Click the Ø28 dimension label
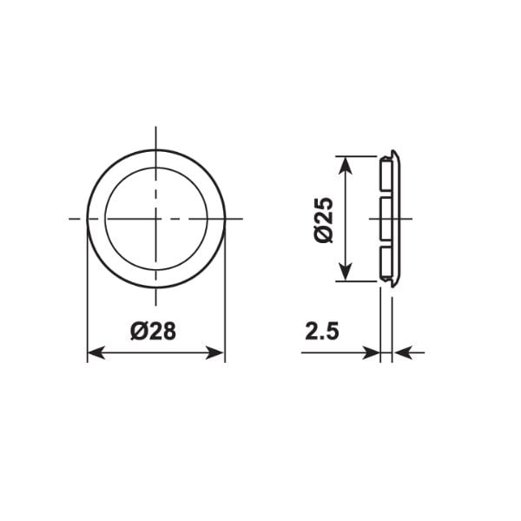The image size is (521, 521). tap(153, 332)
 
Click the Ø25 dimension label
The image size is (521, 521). tap(323, 220)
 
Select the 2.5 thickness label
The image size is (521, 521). tap(322, 332)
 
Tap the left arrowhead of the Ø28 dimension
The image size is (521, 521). tap(96, 353)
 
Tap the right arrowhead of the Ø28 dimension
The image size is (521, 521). tap(215, 353)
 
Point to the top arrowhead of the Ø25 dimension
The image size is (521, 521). tap(346, 166)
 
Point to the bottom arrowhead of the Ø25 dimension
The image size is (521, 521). tap(346, 272)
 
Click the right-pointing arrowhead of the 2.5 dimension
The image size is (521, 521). tap(371, 353)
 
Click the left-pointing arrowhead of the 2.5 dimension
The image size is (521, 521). tap(403, 353)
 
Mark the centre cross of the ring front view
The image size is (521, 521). tap(155, 219)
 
